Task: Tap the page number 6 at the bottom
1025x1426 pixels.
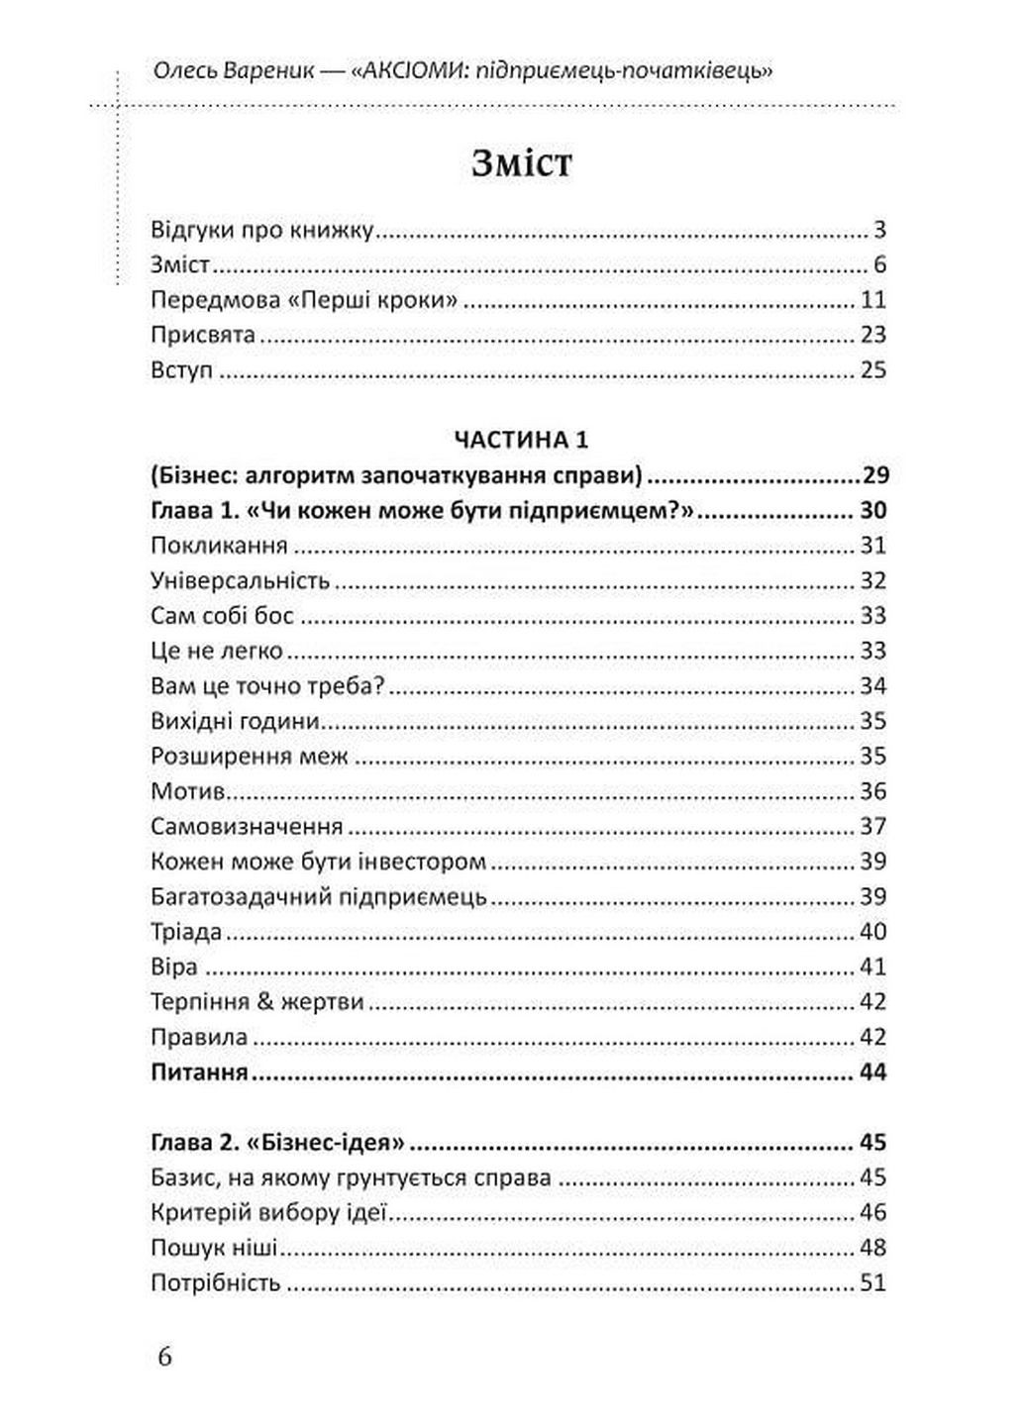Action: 164,1356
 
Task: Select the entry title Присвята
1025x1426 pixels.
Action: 203,335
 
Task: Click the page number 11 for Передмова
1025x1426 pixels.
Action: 872,300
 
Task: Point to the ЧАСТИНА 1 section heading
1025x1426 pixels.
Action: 521,440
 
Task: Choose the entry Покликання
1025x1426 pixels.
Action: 219,546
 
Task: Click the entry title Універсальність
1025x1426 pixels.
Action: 240,580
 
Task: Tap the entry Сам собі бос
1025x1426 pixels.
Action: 222,616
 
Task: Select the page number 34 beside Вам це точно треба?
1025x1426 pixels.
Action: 872,686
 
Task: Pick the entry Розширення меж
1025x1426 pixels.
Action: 250,757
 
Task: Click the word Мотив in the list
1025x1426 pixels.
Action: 188,791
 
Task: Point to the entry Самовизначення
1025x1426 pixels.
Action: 247,827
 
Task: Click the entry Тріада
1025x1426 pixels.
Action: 186,932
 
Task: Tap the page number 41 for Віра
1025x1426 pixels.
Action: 872,967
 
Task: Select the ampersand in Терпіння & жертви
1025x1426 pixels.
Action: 264,1002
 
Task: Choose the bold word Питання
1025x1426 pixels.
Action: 199,1072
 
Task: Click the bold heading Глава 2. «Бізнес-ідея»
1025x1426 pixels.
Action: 278,1143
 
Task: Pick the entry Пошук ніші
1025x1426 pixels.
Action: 214,1248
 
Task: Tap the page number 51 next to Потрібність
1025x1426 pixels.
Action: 872,1283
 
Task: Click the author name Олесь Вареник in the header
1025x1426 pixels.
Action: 220,71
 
